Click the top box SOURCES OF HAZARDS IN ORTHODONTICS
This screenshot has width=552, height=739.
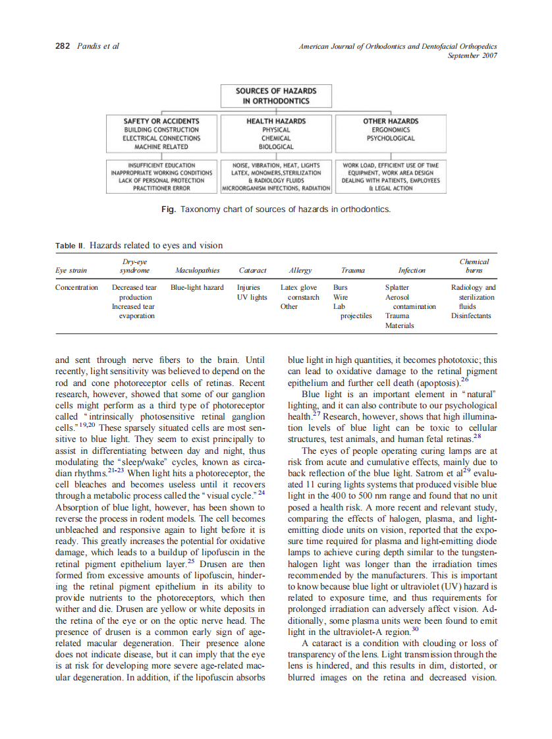tap(276, 96)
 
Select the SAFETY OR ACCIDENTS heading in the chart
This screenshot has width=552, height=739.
tap(161, 121)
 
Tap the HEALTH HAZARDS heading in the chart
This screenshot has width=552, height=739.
tap(276, 121)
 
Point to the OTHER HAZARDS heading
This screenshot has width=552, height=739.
tap(391, 121)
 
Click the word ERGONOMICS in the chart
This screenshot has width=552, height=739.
tap(391, 130)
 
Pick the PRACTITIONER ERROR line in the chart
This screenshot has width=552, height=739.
tap(161, 188)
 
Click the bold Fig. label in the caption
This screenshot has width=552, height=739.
tap(168, 209)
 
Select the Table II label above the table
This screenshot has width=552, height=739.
tap(70, 246)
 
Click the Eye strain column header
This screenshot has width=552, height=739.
tap(70, 270)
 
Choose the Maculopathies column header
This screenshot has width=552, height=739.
tap(197, 270)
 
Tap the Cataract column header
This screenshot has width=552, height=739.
tap(252, 270)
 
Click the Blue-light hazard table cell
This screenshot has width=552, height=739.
tap(197, 288)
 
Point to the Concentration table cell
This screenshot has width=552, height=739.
tap(77, 288)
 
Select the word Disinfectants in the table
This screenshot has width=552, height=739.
tap(471, 315)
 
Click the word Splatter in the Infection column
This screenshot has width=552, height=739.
tap(397, 288)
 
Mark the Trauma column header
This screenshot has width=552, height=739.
tap(354, 270)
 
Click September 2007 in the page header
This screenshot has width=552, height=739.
tap(472, 55)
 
